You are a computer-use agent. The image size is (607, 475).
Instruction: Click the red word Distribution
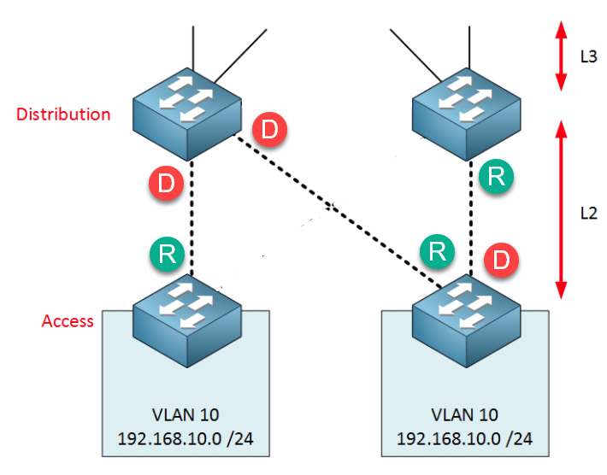pyautogui.click(x=63, y=114)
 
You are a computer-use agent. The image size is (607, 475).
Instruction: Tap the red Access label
pyautogui.click(x=68, y=321)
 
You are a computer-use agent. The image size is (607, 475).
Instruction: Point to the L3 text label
pyautogui.click(x=588, y=57)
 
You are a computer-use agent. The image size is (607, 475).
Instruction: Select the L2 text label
pyautogui.click(x=588, y=213)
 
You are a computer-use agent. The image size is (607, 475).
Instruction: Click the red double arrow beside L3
pyautogui.click(x=561, y=56)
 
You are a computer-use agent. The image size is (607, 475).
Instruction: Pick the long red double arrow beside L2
pyautogui.click(x=561, y=209)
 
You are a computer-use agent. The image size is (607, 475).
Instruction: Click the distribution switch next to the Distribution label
pyautogui.click(x=187, y=114)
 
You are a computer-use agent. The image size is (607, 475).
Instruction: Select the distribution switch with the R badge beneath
pyautogui.click(x=467, y=114)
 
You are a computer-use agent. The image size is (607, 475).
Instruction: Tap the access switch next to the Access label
pyautogui.click(x=187, y=320)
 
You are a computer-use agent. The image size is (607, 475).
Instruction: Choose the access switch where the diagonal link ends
pyautogui.click(x=467, y=320)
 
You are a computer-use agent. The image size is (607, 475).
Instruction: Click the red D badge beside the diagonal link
pyautogui.click(x=269, y=129)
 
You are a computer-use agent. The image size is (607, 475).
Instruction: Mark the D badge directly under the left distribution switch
pyautogui.click(x=166, y=183)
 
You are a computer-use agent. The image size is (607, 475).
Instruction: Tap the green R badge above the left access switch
pyautogui.click(x=167, y=254)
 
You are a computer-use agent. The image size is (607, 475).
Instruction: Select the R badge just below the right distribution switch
pyautogui.click(x=496, y=176)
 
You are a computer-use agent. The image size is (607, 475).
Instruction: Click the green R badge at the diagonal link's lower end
pyautogui.click(x=438, y=251)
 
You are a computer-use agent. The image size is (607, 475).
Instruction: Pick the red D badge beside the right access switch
pyautogui.click(x=501, y=260)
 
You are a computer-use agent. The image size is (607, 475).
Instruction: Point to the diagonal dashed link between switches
pyautogui.click(x=338, y=212)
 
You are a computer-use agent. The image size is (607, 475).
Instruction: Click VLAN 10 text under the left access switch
pyautogui.click(x=186, y=415)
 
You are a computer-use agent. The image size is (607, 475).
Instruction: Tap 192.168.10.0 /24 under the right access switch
pyautogui.click(x=464, y=438)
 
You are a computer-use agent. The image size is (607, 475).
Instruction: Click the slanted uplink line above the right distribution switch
pyautogui.click(x=415, y=55)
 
